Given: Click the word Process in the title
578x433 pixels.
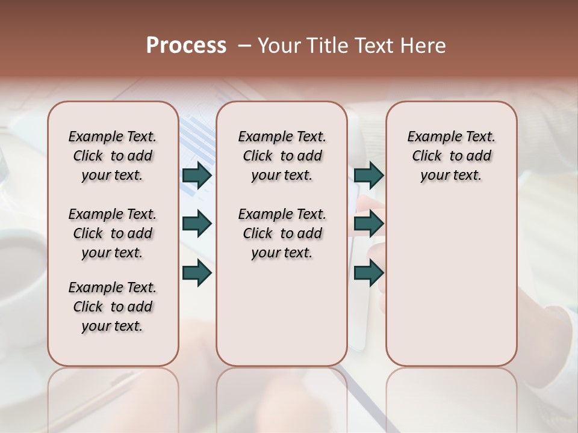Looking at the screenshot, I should point(186,46).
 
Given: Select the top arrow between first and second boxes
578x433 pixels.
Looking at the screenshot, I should point(197,175).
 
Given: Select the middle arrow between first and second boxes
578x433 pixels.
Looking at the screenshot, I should point(197,224).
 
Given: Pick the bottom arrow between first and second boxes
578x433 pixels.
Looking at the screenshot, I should point(197,273).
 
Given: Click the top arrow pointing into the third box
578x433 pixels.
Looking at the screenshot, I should point(369,175).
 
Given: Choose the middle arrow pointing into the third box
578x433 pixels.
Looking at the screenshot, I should point(369,224).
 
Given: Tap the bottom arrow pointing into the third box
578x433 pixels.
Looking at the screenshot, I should point(369,273).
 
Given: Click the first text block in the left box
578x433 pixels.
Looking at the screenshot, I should point(113,156).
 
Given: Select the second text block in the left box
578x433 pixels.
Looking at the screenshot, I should point(113,233).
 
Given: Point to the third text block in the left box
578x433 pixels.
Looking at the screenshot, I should point(113,307).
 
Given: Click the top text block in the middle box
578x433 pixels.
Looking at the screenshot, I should point(282,156).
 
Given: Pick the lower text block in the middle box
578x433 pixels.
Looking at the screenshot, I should point(282,233).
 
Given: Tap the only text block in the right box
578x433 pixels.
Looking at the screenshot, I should point(452,156).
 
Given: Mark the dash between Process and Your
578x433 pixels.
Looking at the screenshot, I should point(244,46).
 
